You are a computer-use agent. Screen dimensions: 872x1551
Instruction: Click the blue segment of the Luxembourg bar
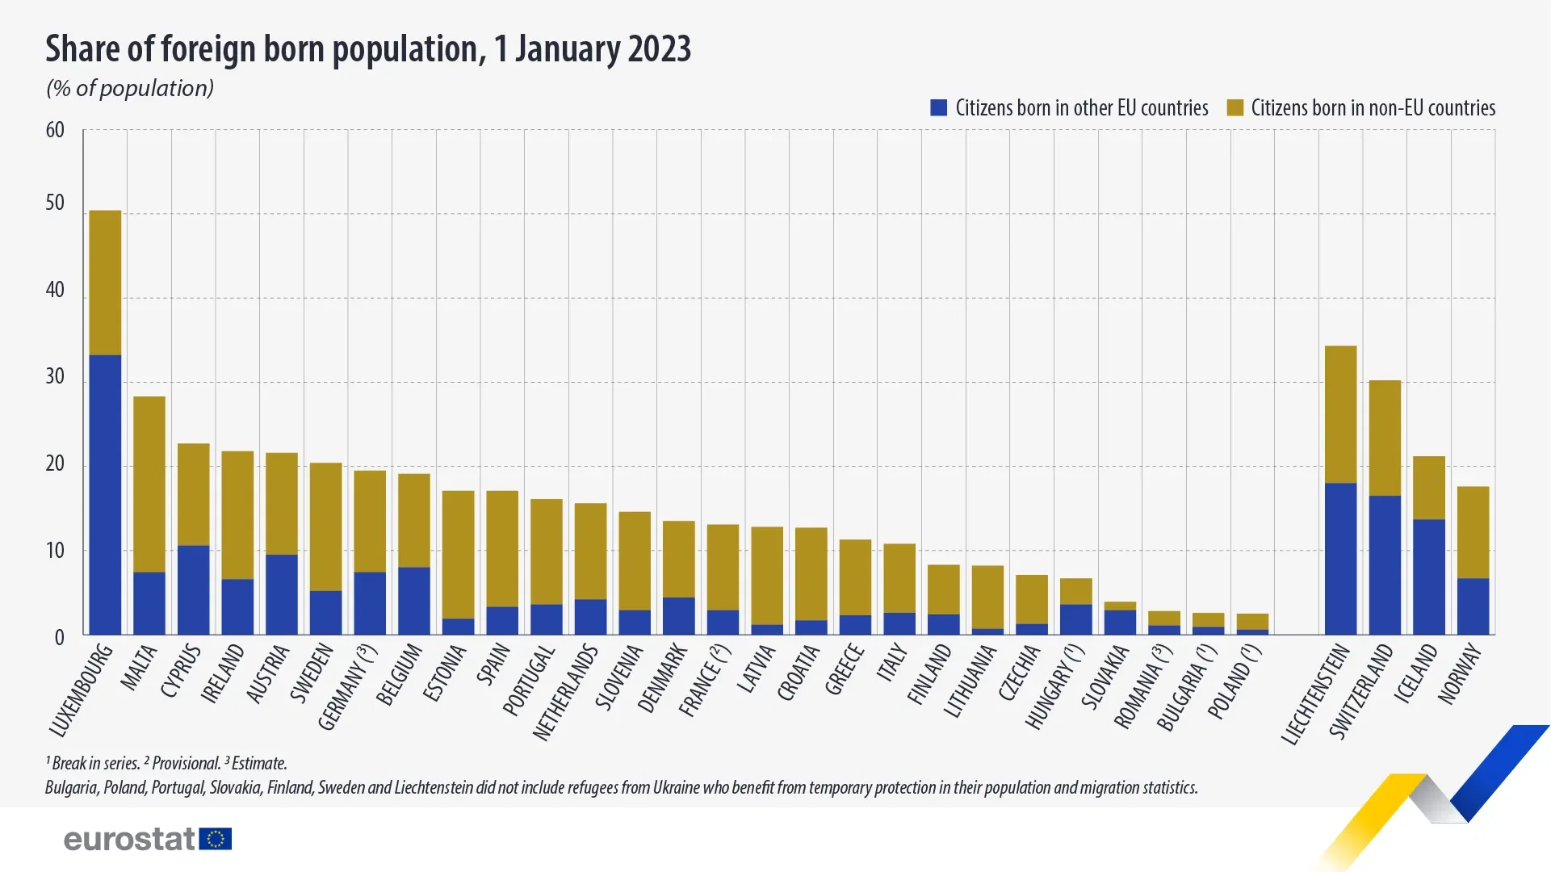105,494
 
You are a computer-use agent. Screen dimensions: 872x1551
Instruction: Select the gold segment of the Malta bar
149,484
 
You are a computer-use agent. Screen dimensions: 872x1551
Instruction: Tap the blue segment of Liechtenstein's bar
1340,558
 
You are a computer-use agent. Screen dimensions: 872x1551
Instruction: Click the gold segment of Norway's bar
1473,532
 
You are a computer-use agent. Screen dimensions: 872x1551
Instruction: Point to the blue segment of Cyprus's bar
194,589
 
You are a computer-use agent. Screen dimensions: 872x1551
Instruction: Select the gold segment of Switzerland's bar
1385,438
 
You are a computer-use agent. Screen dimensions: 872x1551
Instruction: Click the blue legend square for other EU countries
938,108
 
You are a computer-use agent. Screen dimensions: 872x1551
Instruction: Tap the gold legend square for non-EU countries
1235,108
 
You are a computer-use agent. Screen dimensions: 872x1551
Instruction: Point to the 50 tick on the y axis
55,203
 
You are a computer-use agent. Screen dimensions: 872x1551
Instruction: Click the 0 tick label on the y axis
59,638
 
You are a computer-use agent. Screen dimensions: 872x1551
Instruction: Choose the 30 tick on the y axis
55,376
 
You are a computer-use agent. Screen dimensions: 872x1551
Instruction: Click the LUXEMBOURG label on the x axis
81,690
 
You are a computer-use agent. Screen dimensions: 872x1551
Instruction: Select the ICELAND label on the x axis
1416,674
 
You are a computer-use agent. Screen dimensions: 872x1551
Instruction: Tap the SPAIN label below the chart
493,664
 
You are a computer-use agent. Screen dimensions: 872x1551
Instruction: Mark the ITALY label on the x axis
891,662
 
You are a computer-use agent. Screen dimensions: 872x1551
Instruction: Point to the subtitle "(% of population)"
130,88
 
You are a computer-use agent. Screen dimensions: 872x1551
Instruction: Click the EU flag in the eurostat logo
216,839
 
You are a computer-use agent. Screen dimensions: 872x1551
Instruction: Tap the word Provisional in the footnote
186,764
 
